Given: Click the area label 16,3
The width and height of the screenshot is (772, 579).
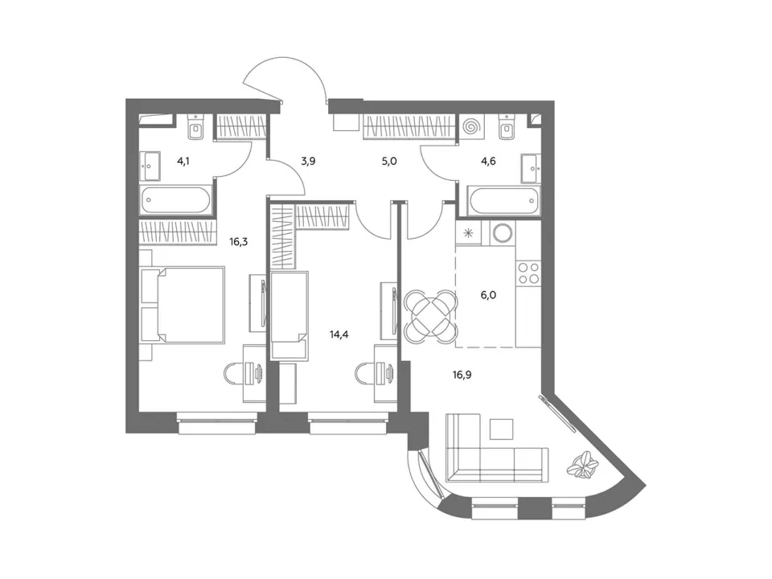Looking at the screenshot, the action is [238, 242].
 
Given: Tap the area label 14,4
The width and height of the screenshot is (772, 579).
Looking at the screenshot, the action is [339, 335].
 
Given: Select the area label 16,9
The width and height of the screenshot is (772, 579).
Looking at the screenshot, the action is [462, 376].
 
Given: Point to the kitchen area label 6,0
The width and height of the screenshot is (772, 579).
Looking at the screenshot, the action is [488, 295].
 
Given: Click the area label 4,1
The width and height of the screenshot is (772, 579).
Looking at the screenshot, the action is [183, 161].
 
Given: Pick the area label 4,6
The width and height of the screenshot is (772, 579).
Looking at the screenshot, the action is [489, 161].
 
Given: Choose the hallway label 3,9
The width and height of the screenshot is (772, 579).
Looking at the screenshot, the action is [308, 161].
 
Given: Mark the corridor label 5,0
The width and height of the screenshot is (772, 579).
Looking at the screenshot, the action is [389, 161].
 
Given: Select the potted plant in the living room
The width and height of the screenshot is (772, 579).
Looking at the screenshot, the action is [582, 464].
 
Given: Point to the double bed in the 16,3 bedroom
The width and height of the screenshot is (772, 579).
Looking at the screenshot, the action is [183, 305].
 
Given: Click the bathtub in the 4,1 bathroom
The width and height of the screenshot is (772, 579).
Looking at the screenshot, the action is [176, 200].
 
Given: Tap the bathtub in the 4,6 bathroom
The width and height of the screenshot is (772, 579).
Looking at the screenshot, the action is [503, 200].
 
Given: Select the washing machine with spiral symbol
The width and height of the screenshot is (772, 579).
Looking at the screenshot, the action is [472, 127].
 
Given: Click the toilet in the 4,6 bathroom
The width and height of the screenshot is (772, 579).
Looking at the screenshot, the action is [507, 128].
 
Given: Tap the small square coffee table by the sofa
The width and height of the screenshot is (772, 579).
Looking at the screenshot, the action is [501, 429].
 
